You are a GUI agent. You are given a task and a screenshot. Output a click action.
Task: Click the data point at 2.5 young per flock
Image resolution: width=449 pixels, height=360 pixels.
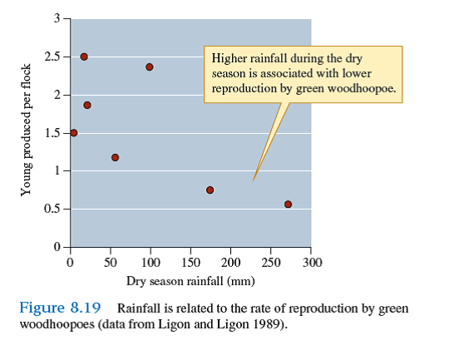tap(84, 57)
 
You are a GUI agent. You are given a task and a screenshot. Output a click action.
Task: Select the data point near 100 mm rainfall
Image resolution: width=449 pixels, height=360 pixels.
tap(150, 67)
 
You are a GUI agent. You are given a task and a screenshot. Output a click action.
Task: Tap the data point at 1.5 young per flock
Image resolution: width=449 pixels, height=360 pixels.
tap(74, 133)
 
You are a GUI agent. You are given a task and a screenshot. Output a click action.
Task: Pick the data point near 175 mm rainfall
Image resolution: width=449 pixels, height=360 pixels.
tap(210, 190)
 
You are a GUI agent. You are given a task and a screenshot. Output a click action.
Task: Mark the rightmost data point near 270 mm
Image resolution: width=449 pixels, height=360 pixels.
tap(288, 205)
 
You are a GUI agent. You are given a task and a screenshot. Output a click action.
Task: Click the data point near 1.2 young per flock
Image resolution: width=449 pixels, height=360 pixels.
tap(115, 157)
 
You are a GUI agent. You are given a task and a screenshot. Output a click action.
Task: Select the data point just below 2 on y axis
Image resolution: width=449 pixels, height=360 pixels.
tap(87, 106)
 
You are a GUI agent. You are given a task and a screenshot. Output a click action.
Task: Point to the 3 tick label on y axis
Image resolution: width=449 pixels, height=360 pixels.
tap(57, 18)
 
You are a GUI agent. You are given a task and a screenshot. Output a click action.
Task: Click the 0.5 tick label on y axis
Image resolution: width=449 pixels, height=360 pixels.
tap(52, 209)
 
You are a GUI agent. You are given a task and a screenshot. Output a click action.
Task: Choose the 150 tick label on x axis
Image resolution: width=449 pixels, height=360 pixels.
tap(190, 263)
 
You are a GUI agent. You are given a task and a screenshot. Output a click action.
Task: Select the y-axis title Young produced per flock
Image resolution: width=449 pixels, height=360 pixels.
tap(26, 130)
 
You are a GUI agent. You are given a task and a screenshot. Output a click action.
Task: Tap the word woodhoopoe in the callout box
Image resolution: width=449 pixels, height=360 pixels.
tap(365, 88)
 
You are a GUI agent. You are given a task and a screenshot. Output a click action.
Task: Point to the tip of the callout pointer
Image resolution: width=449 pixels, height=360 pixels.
tap(254, 180)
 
